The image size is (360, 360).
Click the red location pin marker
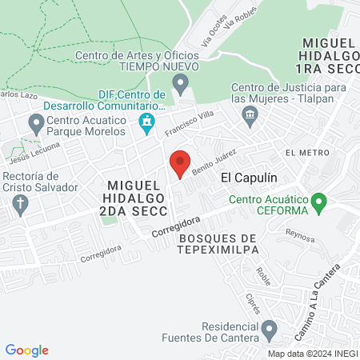[x=181, y=164]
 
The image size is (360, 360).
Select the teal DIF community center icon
[x=146, y=122]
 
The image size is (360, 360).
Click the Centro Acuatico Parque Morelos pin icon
[x=36, y=123]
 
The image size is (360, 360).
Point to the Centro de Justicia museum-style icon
[x=250, y=118]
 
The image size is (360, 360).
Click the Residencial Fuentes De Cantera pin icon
[x=270, y=328]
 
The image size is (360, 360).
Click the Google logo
[x=27, y=350]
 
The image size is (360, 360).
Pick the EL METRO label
[x=306, y=152]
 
